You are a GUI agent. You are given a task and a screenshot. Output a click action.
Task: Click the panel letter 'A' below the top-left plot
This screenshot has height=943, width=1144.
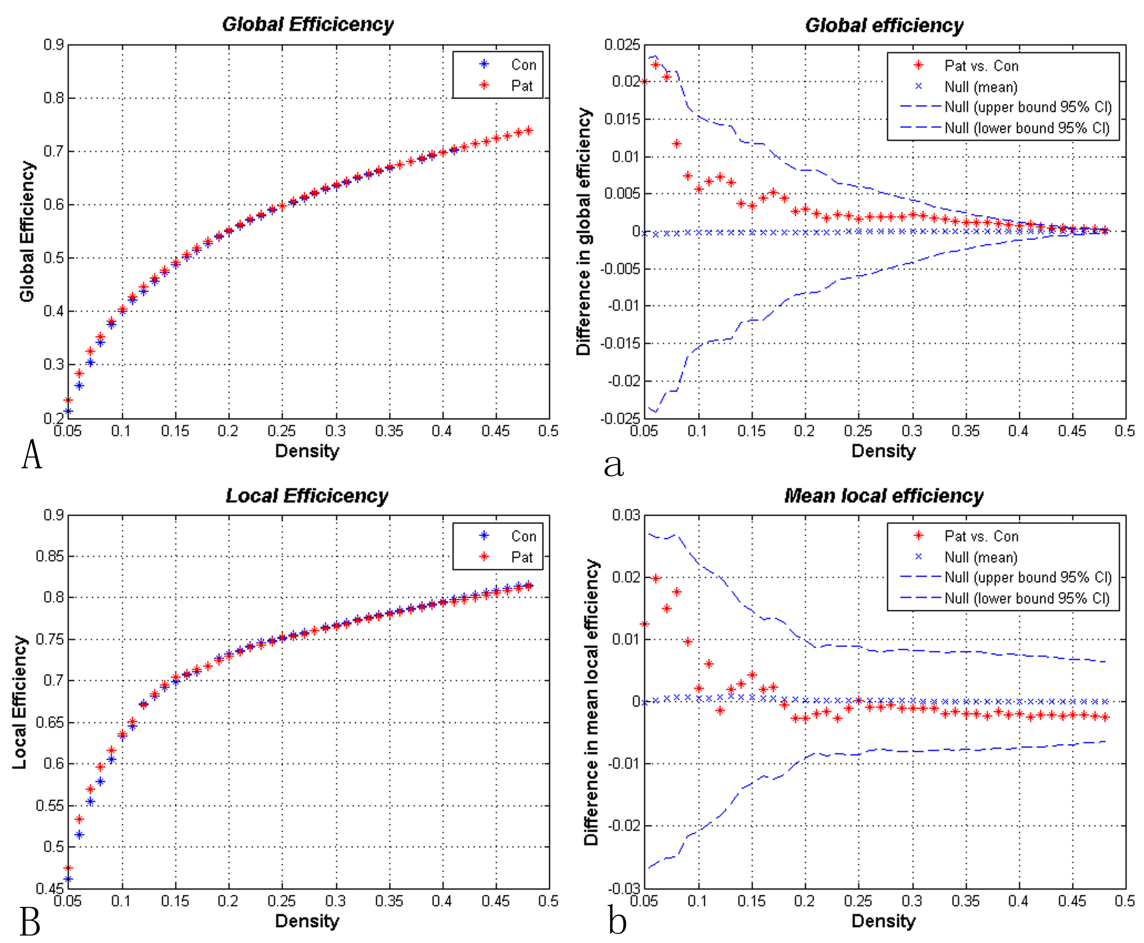click(32, 455)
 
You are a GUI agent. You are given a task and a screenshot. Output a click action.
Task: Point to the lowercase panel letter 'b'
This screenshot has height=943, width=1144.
click(617, 922)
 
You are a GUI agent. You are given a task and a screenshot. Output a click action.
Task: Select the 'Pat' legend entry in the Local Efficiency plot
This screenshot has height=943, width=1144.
click(522, 557)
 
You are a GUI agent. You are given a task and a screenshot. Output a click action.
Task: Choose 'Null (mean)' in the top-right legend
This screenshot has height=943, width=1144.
click(980, 87)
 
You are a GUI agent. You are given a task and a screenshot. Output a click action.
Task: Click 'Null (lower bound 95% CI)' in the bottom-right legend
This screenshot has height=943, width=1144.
click(1027, 598)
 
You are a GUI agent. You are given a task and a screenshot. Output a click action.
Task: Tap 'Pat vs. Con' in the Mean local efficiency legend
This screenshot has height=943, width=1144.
click(981, 536)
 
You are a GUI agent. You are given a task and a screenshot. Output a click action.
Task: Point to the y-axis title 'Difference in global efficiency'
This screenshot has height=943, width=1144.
click(584, 231)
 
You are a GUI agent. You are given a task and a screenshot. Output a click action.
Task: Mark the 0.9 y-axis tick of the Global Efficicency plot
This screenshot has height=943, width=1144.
click(53, 45)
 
